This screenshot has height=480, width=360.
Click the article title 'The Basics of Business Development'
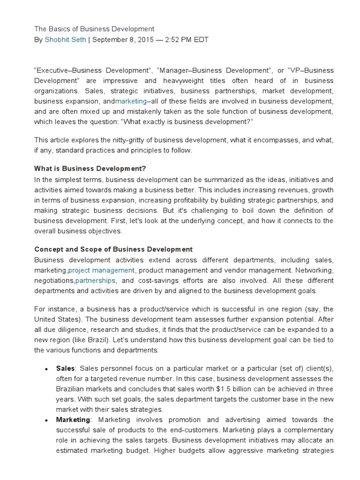coord(94,29)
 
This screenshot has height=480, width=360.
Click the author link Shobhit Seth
coord(65,40)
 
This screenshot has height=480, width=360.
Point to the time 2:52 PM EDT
coord(187,40)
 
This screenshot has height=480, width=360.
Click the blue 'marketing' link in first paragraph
coord(131,101)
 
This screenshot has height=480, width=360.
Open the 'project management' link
coord(102,270)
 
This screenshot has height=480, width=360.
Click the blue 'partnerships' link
coord(95,281)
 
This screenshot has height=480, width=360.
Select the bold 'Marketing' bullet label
coord(73,420)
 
